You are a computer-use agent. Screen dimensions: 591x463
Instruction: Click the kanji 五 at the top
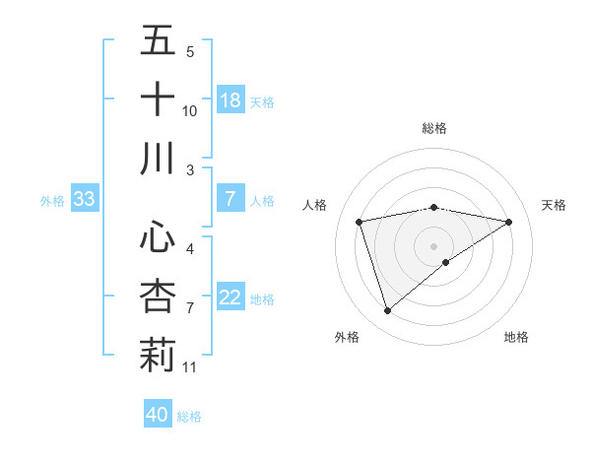tap(159, 42)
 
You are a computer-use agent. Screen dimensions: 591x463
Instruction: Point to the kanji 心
tap(159, 237)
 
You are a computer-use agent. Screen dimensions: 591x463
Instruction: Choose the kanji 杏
tap(159, 297)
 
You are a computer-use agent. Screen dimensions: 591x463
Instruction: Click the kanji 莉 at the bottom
tap(159, 355)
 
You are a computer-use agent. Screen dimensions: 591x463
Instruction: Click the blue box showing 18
tap(230, 100)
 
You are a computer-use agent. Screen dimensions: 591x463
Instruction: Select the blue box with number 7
tap(230, 199)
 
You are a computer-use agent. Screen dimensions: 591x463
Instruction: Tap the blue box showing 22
tap(230, 298)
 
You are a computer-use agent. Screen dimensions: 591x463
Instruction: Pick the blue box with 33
tap(85, 200)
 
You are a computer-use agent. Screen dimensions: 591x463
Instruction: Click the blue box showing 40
tap(158, 415)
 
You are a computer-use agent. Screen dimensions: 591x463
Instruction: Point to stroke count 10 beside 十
tap(190, 111)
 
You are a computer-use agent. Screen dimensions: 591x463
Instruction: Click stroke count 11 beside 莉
tap(190, 367)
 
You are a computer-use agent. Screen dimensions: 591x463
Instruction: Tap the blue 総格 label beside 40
tap(189, 417)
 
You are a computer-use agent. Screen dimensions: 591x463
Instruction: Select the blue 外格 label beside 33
tap(52, 201)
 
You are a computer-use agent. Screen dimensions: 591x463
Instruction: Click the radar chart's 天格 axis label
tap(554, 205)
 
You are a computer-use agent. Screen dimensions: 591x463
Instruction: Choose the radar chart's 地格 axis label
tap(516, 337)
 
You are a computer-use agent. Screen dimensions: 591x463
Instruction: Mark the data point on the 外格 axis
tap(387, 311)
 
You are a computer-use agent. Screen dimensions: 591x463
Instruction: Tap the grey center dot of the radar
tap(433, 244)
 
